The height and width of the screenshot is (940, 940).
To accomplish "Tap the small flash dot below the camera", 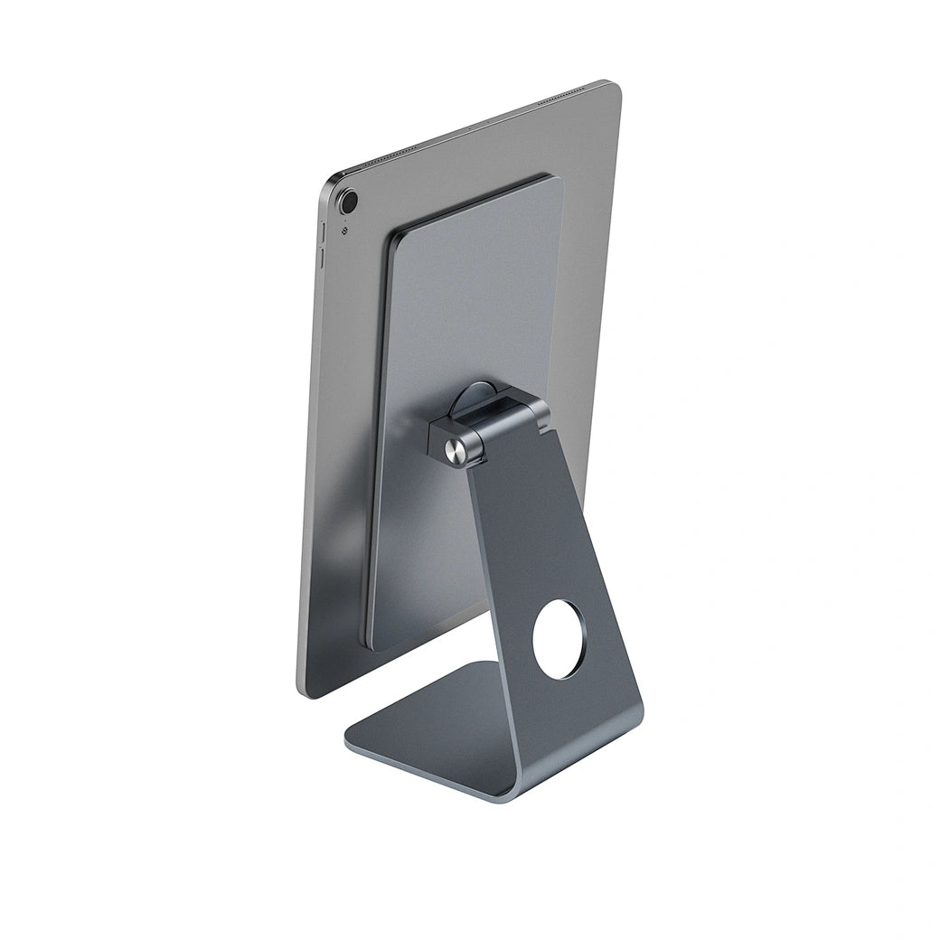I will (344, 229).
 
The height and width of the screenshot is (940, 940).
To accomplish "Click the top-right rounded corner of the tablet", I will (615, 87).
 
